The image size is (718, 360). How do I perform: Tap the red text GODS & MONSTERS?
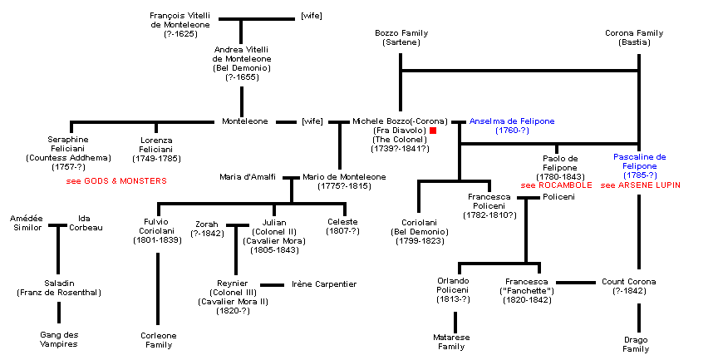click(x=116, y=180)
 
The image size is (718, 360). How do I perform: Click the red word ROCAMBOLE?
click(x=565, y=185)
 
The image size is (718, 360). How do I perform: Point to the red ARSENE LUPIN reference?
click(x=651, y=185)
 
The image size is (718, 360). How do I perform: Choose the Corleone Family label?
click(x=158, y=340)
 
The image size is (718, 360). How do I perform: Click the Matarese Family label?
click(x=453, y=342)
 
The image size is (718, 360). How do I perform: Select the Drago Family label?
click(x=636, y=344)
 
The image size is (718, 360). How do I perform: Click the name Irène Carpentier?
click(x=324, y=284)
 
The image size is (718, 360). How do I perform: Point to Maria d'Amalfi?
click(x=248, y=177)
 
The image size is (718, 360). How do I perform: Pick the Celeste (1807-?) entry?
click(x=342, y=226)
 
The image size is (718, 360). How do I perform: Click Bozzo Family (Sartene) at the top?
click(x=401, y=37)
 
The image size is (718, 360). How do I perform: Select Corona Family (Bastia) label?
click(x=634, y=37)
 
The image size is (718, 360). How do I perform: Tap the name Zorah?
click(x=207, y=229)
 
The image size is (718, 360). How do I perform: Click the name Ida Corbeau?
click(x=85, y=223)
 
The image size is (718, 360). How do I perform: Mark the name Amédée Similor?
click(x=26, y=223)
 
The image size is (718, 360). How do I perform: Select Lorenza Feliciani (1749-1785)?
click(x=156, y=148)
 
